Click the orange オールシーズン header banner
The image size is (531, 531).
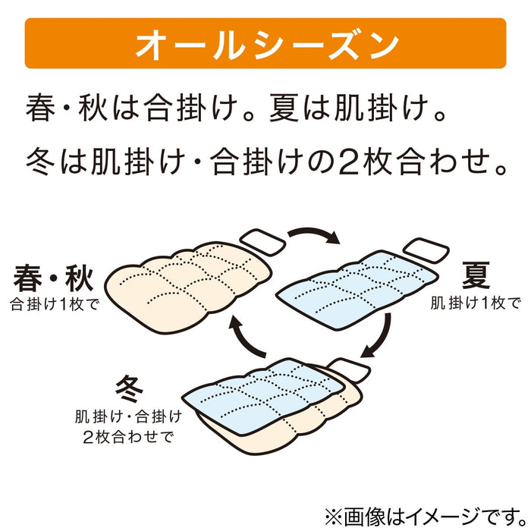265,43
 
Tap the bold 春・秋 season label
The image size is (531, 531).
53,278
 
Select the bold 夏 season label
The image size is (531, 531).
476,275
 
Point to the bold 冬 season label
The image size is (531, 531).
129,388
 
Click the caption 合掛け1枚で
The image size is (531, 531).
55,304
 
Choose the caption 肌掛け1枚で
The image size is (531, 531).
476,303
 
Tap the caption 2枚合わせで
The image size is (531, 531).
128,436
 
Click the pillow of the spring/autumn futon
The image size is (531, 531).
262,241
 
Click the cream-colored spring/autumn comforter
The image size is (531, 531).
188,287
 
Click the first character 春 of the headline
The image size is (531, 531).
40,108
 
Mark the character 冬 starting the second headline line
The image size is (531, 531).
40,162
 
